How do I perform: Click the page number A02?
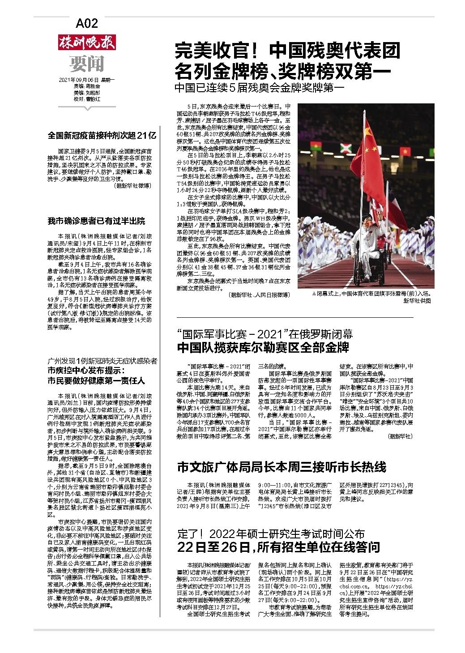click(87, 23)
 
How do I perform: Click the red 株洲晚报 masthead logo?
click(87, 43)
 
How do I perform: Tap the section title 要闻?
click(87, 64)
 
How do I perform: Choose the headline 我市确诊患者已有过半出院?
click(96, 221)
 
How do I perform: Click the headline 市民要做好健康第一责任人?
click(96, 381)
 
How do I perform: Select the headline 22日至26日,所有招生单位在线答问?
click(278, 546)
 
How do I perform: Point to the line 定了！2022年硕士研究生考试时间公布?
click(271, 533)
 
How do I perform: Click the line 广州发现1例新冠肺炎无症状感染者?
click(102, 361)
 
